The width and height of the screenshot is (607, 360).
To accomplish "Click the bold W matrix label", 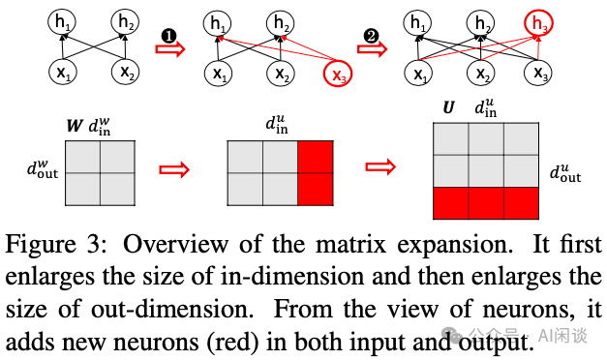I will click(x=71, y=125).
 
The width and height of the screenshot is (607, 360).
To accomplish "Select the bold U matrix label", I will click(x=447, y=108).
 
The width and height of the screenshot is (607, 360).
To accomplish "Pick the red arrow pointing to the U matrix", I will click(x=383, y=170).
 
